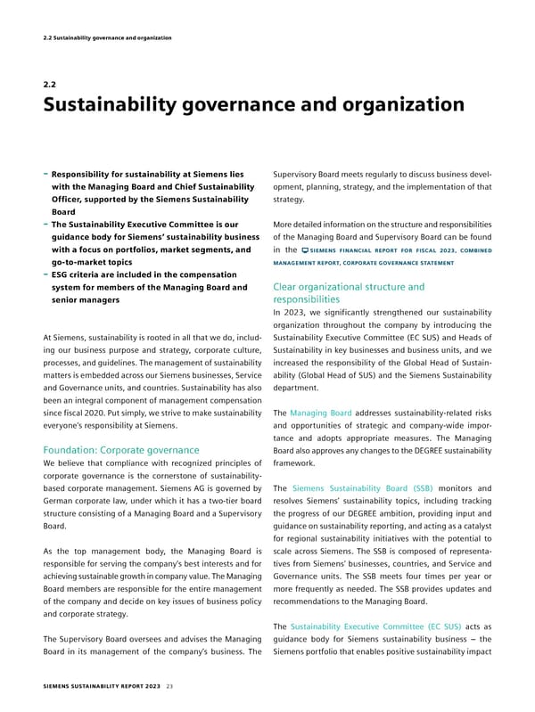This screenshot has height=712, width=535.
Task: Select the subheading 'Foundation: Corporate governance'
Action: (x=121, y=450)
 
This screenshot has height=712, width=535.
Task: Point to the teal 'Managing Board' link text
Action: (x=322, y=413)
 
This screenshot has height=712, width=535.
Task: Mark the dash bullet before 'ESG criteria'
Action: (x=45, y=274)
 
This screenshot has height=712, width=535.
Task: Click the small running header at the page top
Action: (x=108, y=37)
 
